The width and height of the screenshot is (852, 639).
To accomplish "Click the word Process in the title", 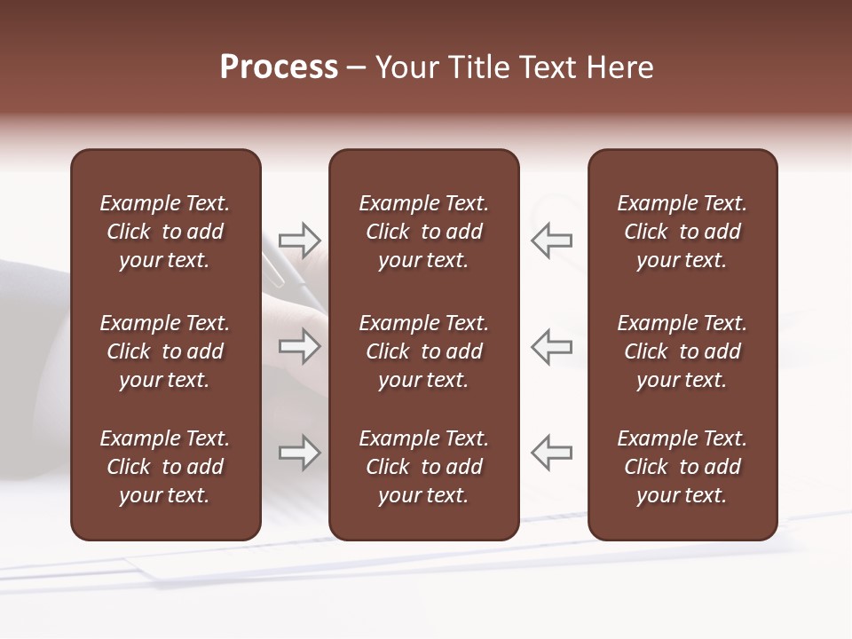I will coord(279,67).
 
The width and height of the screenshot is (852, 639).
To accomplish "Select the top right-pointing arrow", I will coord(300,241).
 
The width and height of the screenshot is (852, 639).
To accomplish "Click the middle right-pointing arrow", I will coord(300,346).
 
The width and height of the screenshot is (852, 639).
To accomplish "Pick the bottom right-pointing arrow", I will coord(300,453).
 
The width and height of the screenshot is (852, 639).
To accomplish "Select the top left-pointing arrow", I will coord(551,241).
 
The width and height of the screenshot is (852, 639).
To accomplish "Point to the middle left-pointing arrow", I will coord(551,346).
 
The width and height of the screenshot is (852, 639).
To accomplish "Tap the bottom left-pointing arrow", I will coord(551,453).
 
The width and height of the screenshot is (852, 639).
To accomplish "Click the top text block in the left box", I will coord(165,232).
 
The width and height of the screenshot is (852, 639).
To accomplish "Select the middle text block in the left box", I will coord(165,351).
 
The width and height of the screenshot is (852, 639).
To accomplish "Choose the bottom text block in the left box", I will coord(165,467).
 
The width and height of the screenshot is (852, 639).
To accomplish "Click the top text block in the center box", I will coord(423,232).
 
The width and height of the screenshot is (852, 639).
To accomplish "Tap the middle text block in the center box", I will coord(423,351).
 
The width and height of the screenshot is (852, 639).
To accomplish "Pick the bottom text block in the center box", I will coord(423,467).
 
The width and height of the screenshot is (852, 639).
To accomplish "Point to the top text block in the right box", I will coord(682,232).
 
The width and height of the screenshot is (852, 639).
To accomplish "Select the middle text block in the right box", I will coord(682,351).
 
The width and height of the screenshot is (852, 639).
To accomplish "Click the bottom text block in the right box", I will coord(682,467).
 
